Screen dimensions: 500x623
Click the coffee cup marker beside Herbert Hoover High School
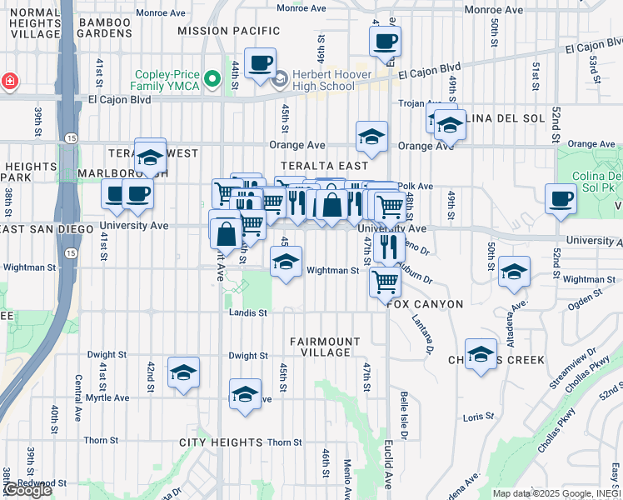coord(261,64)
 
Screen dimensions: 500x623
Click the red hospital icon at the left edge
coord(9,82)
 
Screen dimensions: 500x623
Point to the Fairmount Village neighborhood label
coord(325,347)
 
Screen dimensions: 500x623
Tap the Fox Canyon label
coord(425,304)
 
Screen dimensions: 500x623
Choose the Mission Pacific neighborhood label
coord(228,30)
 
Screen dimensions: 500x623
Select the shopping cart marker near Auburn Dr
coord(385,282)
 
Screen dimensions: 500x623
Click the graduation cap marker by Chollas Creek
coord(481,354)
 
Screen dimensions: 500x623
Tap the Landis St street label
coord(248,313)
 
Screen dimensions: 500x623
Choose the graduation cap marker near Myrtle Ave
coord(183,372)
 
